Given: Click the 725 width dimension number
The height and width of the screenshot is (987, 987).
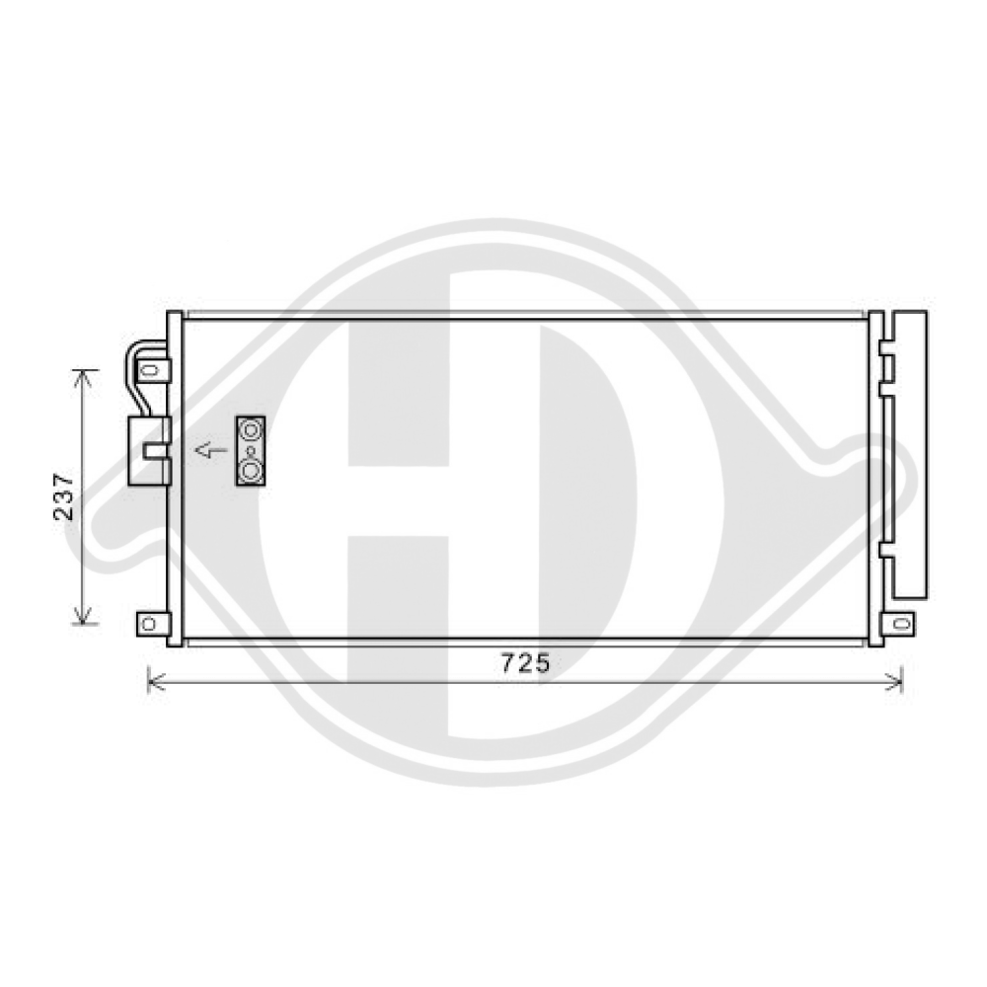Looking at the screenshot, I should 523,663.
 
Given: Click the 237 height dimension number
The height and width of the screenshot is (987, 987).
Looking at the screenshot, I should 64,496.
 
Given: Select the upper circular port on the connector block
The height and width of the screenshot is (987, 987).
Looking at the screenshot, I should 252,430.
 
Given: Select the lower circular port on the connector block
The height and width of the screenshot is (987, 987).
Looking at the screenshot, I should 252,472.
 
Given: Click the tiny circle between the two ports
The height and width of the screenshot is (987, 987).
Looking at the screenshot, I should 251,452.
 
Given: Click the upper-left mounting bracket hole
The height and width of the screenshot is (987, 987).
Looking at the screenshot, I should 150,370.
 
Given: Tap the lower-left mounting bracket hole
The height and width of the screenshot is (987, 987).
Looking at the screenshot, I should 148,624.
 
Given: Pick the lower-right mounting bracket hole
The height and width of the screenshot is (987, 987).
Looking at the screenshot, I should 899,624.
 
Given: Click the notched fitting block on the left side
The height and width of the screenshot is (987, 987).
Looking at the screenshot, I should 148,450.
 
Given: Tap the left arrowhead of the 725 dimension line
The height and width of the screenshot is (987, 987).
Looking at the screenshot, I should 152,679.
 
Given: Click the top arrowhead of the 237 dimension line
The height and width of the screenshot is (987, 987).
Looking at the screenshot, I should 85,376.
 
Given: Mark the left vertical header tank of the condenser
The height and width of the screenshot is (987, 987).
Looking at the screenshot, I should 175,479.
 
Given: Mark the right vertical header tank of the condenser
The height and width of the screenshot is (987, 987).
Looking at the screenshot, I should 874,479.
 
